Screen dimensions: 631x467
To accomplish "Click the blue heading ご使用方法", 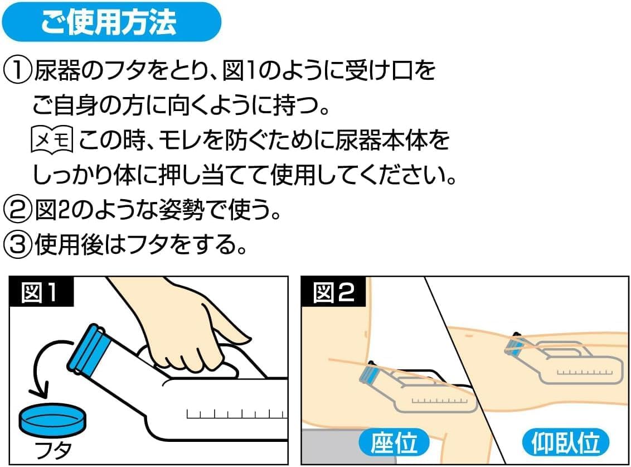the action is tap(111, 21).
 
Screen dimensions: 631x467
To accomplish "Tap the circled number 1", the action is tap(17, 71).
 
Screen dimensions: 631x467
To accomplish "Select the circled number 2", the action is tap(17, 210).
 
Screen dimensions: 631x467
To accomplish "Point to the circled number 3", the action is tap(17, 244).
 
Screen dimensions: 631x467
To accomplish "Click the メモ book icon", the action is tap(52, 139).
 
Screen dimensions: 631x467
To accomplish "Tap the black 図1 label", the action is tap(41, 292).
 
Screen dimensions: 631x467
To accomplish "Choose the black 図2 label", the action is tap(333, 292).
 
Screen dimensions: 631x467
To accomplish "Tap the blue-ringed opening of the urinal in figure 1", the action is tap(89, 349).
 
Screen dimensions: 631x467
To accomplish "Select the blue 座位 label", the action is tap(394, 442).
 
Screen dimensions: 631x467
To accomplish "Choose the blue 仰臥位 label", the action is tap(565, 442).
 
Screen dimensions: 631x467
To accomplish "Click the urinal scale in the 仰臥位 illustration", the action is tap(585, 372).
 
